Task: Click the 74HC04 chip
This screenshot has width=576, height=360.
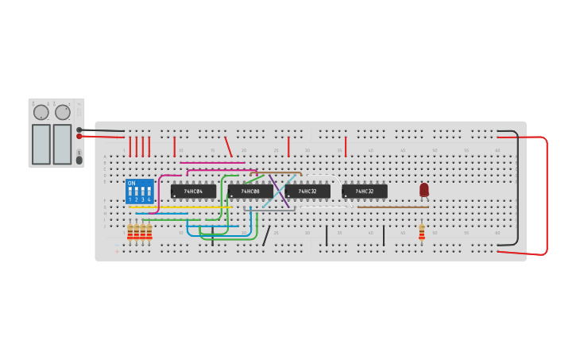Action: tap(193, 192)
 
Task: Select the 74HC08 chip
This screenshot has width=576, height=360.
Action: tap(250, 192)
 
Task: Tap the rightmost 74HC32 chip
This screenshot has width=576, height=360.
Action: tap(365, 192)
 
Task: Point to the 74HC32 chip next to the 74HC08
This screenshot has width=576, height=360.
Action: tap(307, 192)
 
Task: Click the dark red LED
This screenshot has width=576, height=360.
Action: tap(424, 190)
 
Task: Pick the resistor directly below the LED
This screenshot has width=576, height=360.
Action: tap(422, 231)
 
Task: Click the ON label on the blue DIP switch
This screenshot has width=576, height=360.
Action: tap(132, 184)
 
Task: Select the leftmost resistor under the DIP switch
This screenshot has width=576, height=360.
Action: tap(130, 231)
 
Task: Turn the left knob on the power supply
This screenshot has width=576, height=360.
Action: tap(41, 112)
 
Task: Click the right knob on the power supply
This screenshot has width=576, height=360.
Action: tap(63, 112)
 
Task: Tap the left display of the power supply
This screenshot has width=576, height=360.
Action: tap(41, 144)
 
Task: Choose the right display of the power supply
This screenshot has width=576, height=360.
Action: tap(62, 144)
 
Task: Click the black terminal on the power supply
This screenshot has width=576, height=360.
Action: tap(79, 129)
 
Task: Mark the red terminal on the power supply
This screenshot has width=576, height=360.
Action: tap(79, 136)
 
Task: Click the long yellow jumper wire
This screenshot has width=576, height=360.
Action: tap(179, 207)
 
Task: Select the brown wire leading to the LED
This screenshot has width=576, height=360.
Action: tap(393, 207)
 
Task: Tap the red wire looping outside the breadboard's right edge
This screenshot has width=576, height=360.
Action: tap(547, 195)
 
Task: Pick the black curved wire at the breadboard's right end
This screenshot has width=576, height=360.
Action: tap(517, 191)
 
